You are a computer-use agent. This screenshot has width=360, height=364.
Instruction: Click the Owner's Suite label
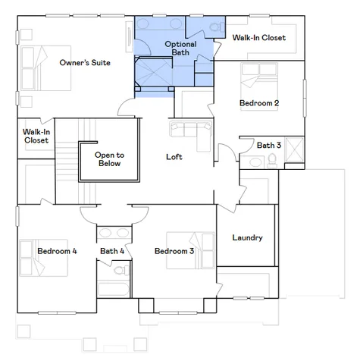(86, 63)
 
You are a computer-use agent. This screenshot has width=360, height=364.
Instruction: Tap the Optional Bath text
(180, 49)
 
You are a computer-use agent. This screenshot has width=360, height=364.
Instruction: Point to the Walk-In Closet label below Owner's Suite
(36, 136)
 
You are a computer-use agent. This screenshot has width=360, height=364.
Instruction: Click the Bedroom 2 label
(259, 102)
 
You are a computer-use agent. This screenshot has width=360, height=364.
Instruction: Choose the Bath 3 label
(268, 145)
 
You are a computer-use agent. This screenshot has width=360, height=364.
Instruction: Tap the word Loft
(175, 157)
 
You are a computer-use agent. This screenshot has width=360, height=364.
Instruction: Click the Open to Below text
(109, 158)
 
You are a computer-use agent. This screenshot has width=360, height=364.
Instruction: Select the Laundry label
(247, 237)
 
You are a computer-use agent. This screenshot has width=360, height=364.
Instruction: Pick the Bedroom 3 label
(174, 251)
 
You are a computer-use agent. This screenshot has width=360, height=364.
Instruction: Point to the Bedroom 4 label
(58, 251)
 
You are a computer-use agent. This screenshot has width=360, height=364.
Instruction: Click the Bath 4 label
(111, 251)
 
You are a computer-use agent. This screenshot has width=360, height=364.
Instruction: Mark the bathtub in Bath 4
(112, 288)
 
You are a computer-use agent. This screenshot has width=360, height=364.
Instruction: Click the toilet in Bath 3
(271, 159)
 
